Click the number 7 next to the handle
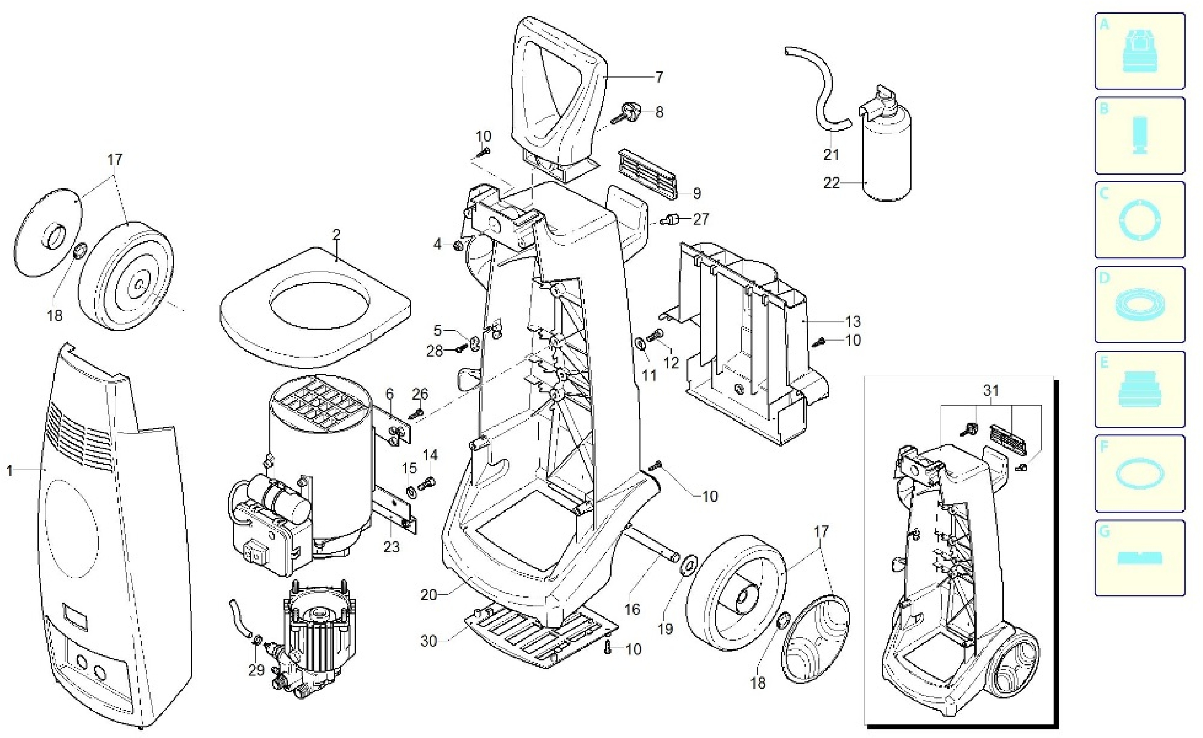659,77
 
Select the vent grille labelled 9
648,174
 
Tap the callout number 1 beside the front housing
9,471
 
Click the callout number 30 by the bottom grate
429,640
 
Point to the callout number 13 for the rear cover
853,322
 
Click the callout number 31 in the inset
991,391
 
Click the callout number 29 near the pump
256,670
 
